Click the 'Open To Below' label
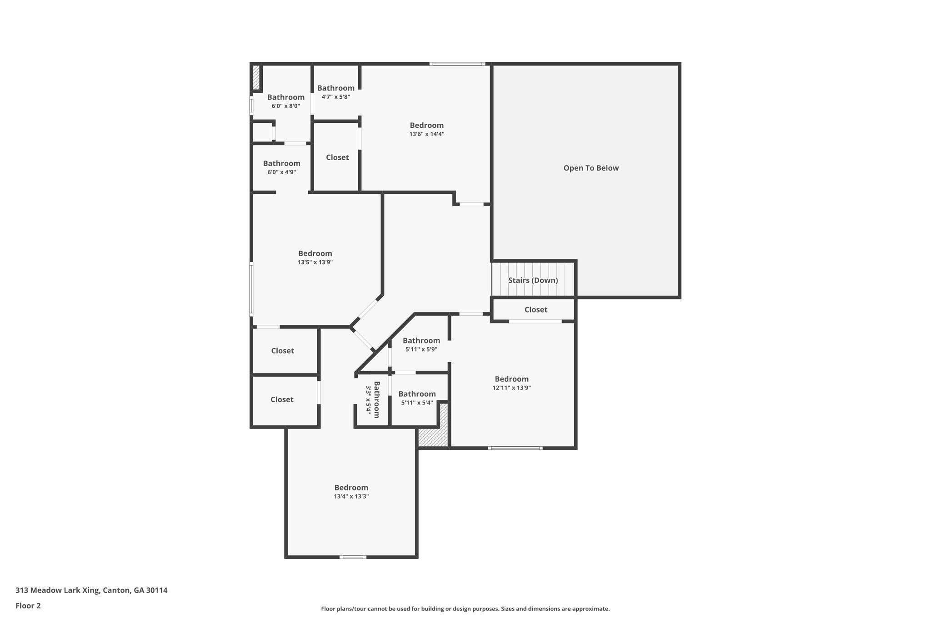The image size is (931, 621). point(591,168)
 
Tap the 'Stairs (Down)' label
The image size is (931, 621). point(533,280)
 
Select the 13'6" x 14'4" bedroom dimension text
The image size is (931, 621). point(426,134)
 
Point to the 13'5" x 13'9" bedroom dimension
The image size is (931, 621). point(315,263)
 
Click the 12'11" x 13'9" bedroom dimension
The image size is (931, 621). point(511,388)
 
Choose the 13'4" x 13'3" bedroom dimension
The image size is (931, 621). point(351,496)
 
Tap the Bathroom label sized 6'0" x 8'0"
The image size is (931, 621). point(285,97)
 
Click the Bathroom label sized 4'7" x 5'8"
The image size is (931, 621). point(335,88)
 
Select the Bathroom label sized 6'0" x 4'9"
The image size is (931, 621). point(281,163)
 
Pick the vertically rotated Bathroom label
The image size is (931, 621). point(376,399)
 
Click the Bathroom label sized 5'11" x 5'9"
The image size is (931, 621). point(421,340)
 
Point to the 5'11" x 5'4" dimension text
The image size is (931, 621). point(417,403)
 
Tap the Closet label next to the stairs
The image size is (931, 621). point(536,310)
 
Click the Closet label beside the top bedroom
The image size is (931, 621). point(337,157)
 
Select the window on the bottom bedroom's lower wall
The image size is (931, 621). point(353,557)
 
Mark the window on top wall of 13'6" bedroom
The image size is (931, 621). point(457,64)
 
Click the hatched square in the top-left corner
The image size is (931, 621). point(256,77)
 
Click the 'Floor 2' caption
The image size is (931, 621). point(28,606)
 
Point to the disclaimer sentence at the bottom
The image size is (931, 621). point(465,609)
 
